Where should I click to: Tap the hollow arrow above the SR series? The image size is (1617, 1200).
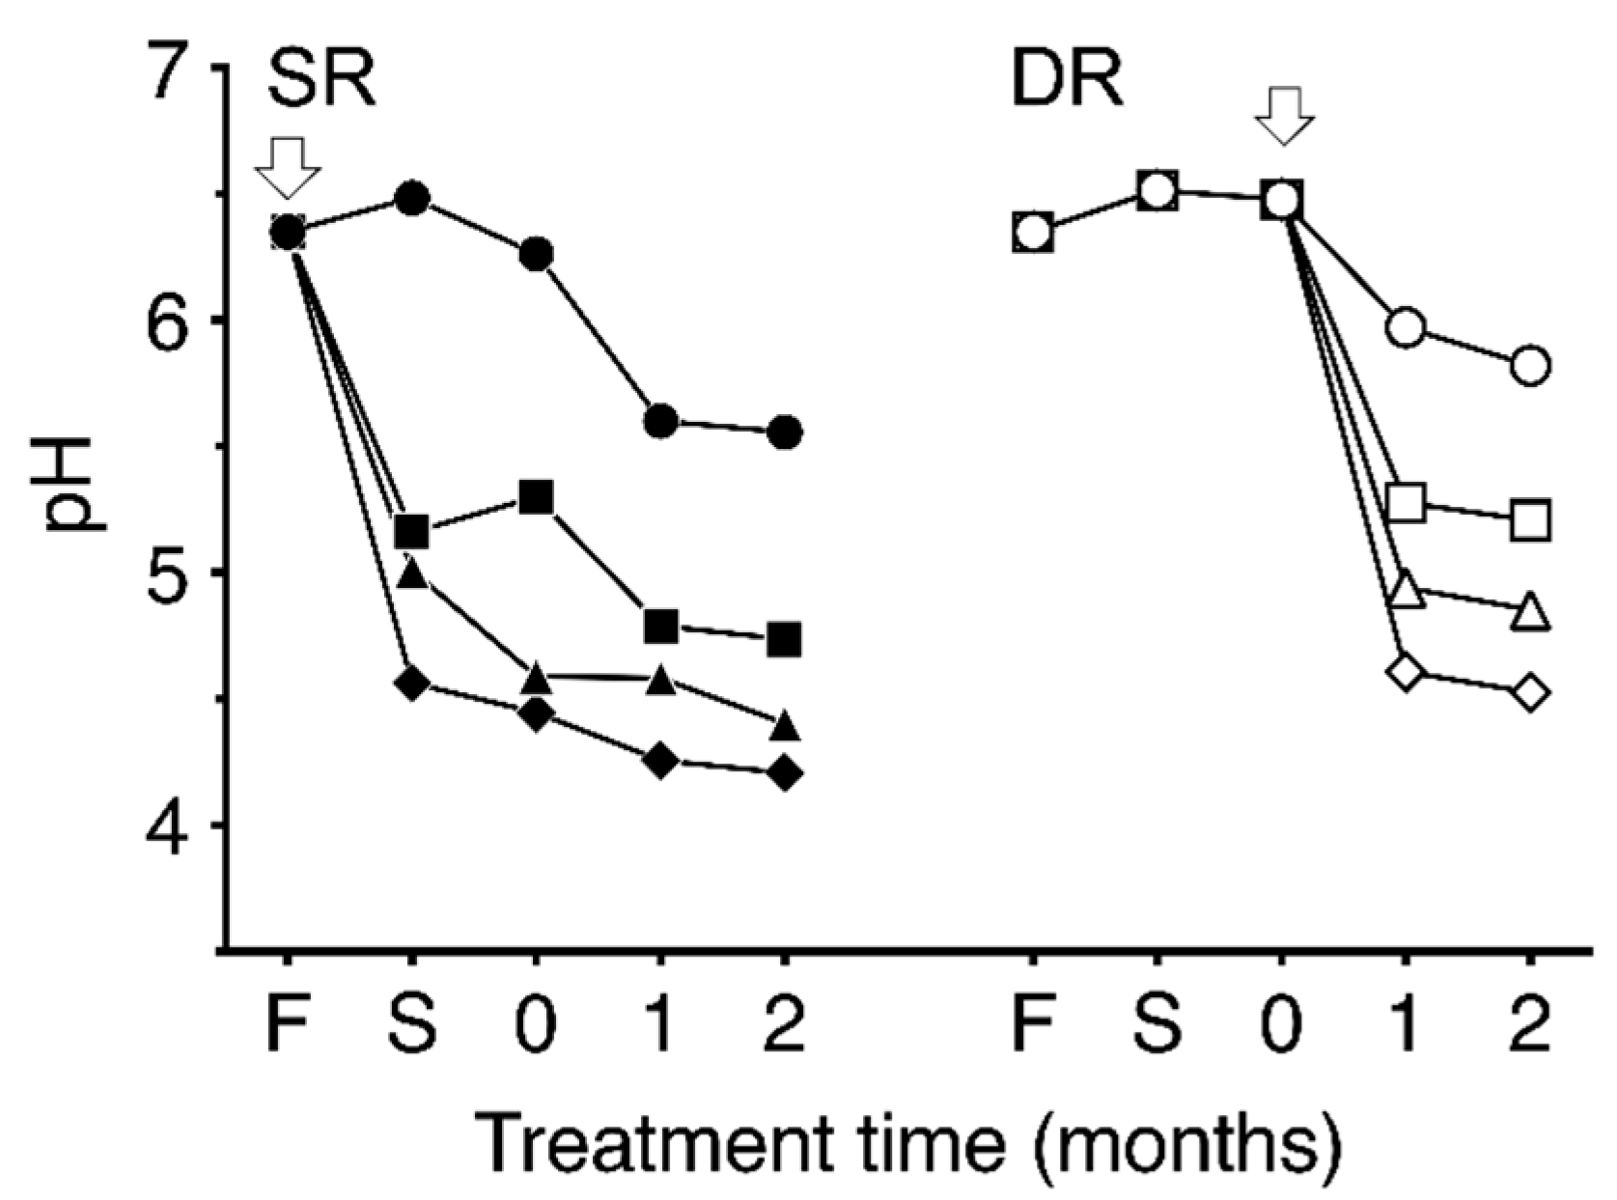coord(288,167)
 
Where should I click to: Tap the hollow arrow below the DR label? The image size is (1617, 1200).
coord(1284,114)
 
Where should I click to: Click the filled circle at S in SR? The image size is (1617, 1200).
coord(412,199)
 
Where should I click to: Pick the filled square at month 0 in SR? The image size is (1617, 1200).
coord(537,498)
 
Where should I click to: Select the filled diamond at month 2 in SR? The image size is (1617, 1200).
coord(785,773)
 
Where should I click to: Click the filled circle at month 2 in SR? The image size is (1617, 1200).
coord(785,432)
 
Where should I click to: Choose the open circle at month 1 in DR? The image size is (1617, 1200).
coord(1407,328)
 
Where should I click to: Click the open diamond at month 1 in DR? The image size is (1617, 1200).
coord(1407,671)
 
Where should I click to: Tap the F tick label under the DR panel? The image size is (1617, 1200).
coord(1033,1025)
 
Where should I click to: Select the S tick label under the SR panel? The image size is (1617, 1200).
coord(412,1025)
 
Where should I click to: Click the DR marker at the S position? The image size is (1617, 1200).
coord(1157,192)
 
